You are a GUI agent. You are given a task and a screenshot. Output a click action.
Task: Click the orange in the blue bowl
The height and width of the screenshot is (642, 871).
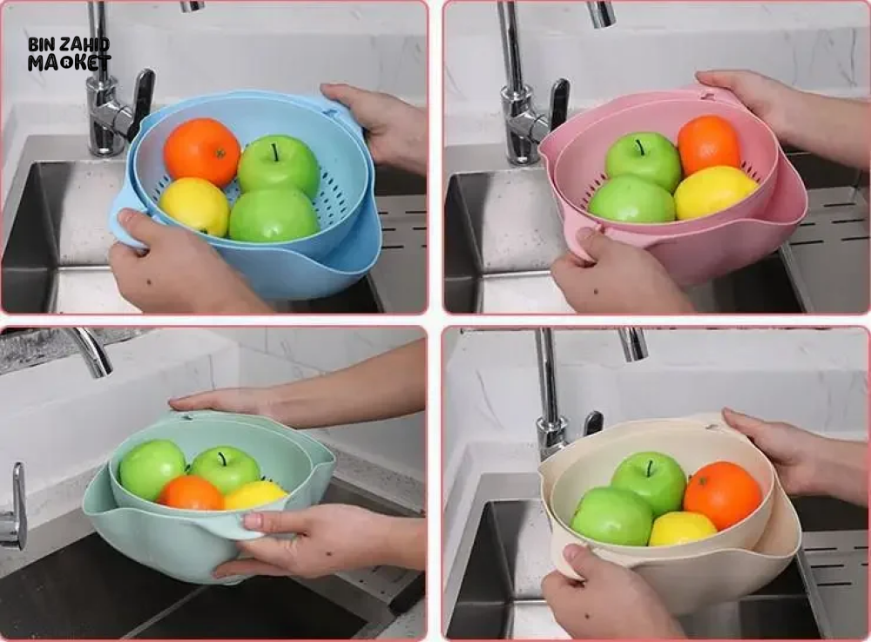pos(201,152)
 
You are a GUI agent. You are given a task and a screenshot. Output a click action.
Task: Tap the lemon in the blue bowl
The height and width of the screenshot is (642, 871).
pos(194,206)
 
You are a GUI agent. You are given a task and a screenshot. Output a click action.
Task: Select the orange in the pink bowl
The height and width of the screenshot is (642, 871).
pos(708,145)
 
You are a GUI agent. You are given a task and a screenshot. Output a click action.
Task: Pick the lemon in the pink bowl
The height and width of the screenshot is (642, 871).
pos(715,192)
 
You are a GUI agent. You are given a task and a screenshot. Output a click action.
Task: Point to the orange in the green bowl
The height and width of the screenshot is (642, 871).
pos(191,493)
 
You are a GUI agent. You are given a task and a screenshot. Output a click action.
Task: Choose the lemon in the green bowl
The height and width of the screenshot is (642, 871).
pos(254,495)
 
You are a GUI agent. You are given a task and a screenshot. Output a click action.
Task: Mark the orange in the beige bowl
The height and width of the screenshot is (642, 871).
pos(722,495)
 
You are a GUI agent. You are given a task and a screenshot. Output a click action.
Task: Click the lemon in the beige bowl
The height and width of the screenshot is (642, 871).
pos(682,528)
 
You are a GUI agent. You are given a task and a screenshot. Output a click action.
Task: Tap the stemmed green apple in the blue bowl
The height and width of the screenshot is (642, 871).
pos(279,166)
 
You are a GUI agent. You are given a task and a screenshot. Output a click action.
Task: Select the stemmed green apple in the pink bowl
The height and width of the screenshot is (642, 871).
pos(644,160)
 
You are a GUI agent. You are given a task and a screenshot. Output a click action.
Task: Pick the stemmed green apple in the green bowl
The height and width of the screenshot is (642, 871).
pos(226,469)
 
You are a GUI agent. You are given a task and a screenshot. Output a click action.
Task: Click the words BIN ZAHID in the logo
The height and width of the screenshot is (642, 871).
pos(69,44)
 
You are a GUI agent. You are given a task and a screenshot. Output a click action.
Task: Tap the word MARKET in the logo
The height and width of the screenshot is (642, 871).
pos(69,63)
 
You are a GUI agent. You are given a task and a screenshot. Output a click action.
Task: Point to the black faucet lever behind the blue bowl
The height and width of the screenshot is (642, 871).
pos(142,99)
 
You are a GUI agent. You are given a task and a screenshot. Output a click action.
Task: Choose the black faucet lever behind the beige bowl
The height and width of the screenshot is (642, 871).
pos(593,423)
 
